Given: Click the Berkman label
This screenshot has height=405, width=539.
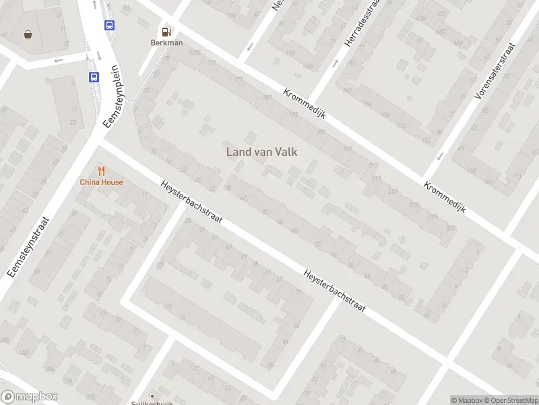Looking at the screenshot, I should (166, 42).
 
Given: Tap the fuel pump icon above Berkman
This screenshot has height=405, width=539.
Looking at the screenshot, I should (166, 30).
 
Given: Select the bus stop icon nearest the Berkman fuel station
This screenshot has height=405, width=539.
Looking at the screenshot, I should (109, 25).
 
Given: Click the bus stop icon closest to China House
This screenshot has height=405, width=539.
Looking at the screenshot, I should (94, 77).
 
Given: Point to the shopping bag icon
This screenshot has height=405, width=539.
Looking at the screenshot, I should (28, 34).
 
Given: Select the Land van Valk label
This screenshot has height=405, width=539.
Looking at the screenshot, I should (261, 152).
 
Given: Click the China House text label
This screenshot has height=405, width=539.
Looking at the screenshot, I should (101, 182).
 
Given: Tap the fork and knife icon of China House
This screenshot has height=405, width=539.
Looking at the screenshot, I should (101, 170).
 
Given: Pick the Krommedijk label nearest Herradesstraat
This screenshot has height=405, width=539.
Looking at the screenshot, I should (305, 105).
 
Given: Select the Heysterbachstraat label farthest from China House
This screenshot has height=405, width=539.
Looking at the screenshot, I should (335, 291).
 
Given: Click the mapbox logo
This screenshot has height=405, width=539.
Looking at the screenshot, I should (30, 397).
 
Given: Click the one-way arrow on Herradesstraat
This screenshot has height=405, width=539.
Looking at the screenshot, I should (337, 64).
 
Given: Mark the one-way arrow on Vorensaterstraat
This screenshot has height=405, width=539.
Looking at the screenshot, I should (440, 156).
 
